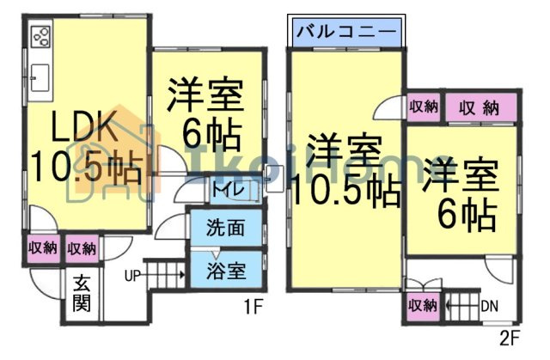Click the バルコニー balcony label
pos(346,33)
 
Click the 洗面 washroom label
pos(227,229)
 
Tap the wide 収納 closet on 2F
pos(480,107)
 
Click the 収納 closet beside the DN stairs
pos(422,305)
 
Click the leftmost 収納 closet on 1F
pos(42,248)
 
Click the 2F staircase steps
pos(460,304)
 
